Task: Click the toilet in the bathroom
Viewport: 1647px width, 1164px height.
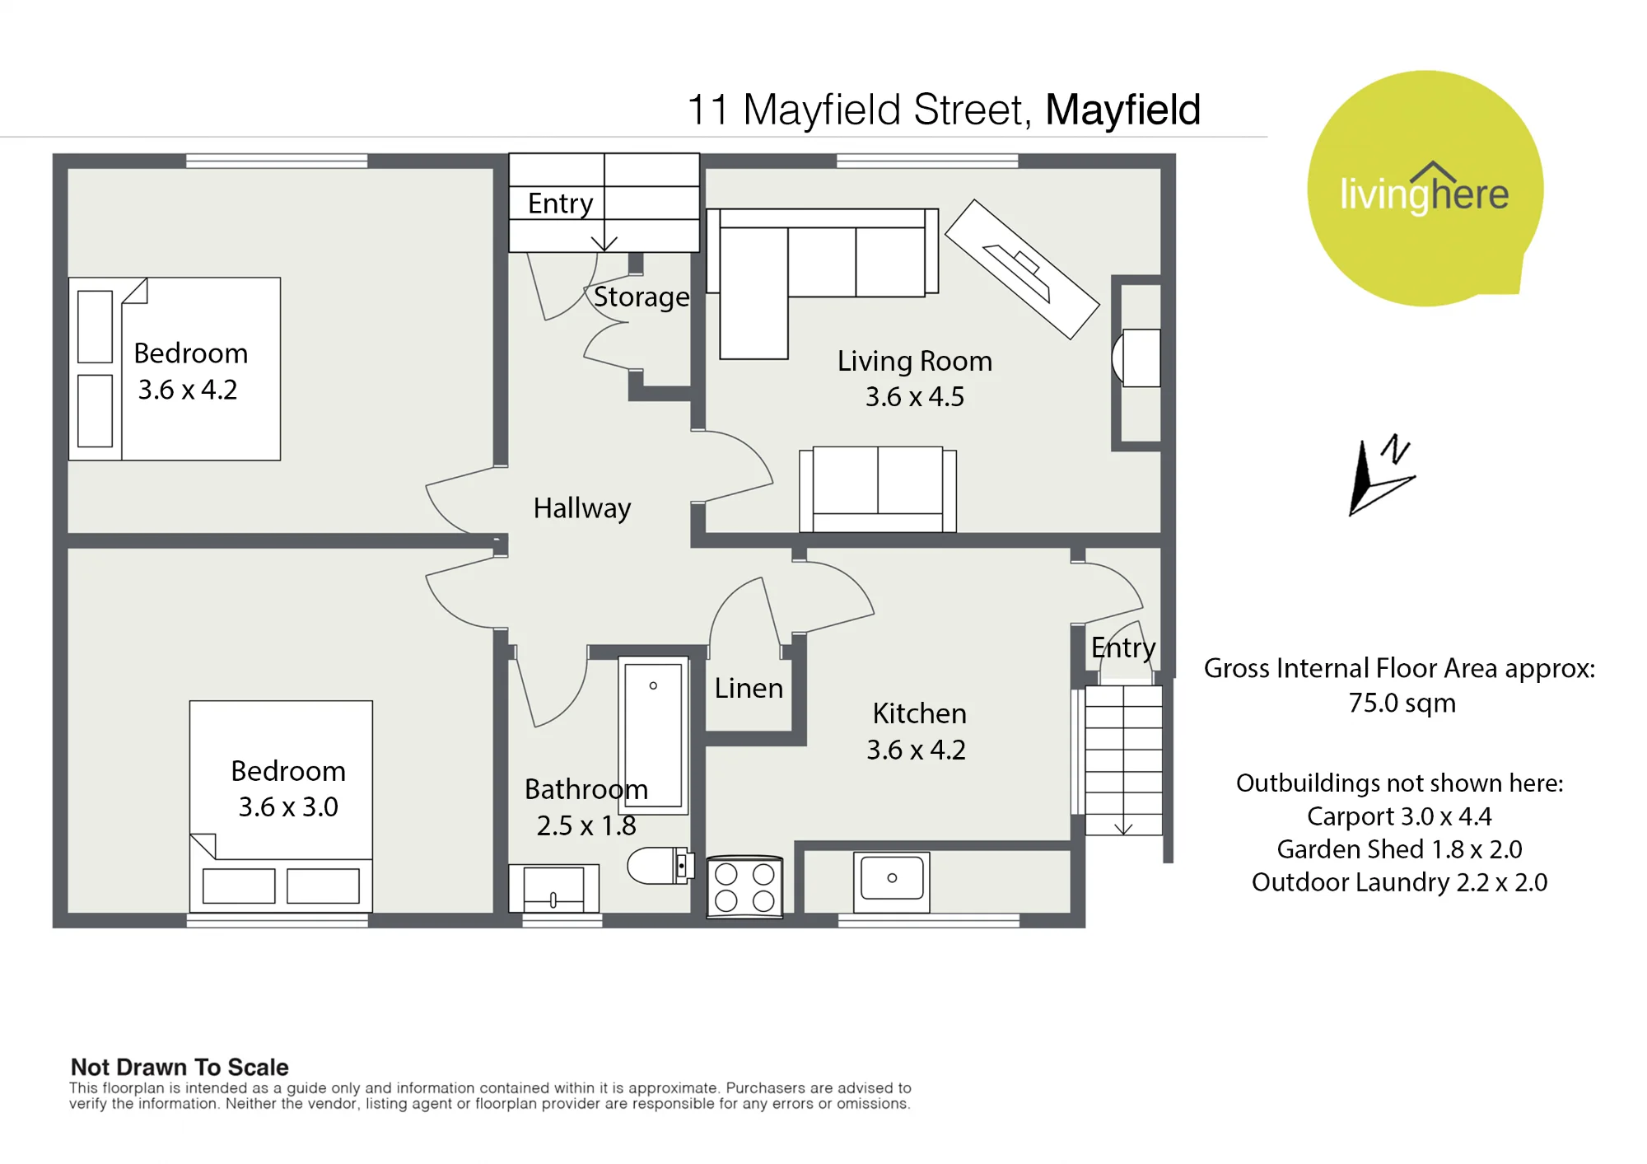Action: point(660,866)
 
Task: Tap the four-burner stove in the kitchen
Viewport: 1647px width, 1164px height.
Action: point(744,886)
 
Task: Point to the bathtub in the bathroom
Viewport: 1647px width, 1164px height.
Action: point(653,735)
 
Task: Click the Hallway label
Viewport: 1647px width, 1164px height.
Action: point(582,508)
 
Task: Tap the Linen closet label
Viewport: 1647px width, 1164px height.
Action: point(749,688)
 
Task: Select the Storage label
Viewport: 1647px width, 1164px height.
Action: point(642,297)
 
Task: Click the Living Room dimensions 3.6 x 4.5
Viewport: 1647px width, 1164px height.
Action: point(915,397)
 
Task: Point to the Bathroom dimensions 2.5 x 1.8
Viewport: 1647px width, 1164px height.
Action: point(586,825)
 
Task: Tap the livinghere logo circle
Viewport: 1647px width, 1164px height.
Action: point(1425,189)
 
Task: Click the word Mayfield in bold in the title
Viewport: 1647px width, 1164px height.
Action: point(1123,110)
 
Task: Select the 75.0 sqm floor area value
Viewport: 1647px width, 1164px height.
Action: point(1402,704)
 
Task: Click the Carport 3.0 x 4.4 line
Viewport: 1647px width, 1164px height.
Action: point(1399,816)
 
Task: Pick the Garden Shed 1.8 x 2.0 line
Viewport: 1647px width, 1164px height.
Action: point(1399,849)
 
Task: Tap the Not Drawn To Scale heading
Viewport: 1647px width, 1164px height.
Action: point(180,1068)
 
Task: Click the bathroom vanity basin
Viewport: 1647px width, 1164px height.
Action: point(553,888)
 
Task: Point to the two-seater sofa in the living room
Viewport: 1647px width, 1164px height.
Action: point(878,489)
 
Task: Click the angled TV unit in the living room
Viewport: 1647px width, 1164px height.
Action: point(1022,269)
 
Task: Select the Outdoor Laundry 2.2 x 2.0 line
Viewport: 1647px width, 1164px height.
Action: point(1399,882)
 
